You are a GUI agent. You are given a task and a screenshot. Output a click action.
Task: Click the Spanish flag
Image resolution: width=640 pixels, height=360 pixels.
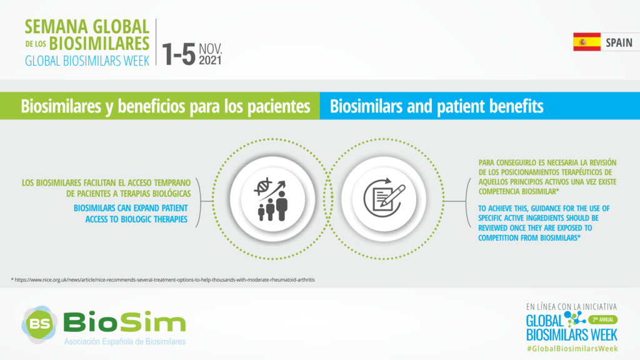point(586,42)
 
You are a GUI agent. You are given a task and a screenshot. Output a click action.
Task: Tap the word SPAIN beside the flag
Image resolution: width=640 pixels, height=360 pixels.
point(619,42)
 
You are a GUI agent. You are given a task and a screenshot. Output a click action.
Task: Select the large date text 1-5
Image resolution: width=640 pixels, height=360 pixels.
point(179,54)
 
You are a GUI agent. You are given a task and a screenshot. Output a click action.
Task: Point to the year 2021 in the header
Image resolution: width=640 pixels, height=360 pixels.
point(210,61)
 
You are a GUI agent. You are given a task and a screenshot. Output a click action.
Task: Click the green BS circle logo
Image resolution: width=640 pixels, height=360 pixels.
point(39,324)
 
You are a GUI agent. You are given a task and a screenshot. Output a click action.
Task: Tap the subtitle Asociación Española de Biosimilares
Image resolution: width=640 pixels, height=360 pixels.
point(125,342)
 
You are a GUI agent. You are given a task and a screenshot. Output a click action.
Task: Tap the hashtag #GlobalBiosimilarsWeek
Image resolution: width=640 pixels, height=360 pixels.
point(572,349)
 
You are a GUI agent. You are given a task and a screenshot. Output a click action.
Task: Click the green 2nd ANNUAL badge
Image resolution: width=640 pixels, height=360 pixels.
point(603,319)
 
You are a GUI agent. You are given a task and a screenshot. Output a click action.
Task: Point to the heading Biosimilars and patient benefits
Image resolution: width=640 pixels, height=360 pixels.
point(436,106)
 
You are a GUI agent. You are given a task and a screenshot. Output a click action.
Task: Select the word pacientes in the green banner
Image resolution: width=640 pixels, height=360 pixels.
point(279,106)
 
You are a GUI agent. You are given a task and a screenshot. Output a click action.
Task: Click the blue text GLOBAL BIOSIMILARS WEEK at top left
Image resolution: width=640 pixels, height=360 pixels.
point(87,61)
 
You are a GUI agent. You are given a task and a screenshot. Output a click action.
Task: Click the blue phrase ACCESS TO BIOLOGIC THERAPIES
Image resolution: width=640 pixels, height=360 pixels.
point(136,219)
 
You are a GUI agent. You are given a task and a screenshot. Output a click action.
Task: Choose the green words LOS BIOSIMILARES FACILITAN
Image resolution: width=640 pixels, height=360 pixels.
point(66,182)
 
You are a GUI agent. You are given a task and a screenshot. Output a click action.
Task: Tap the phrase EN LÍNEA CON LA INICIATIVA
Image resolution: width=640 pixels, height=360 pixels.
point(571,306)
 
